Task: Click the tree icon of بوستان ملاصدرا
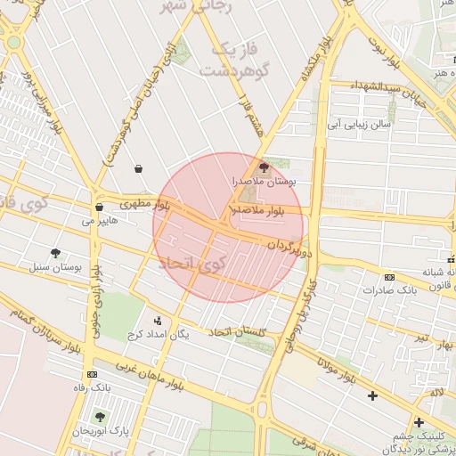tap(263, 167)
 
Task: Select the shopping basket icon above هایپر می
tap(98, 207)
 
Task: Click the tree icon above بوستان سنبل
tap(55, 253)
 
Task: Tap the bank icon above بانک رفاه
tap(93, 374)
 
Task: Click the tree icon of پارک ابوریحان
tap(100, 416)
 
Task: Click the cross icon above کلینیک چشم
tap(418, 422)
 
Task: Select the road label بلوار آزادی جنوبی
tap(92, 298)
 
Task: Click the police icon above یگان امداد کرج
tap(159, 320)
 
